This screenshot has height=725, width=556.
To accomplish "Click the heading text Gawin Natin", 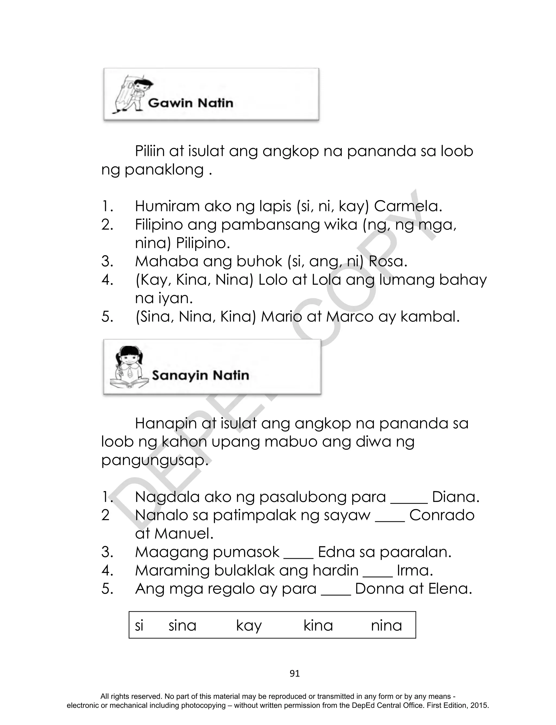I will (x=190, y=103).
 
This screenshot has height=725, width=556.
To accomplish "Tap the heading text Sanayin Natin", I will (x=200, y=375).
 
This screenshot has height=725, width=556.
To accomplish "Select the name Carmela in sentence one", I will (x=408, y=206).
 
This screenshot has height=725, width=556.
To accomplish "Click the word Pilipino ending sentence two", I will (x=203, y=243).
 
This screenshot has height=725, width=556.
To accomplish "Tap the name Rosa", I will (x=388, y=262).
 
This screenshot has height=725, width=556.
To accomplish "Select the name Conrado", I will (x=441, y=516).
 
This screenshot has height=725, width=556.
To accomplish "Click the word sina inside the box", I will (x=182, y=626).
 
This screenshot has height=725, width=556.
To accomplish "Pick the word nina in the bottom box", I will (x=386, y=626).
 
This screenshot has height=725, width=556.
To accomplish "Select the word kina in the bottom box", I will (x=318, y=626).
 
